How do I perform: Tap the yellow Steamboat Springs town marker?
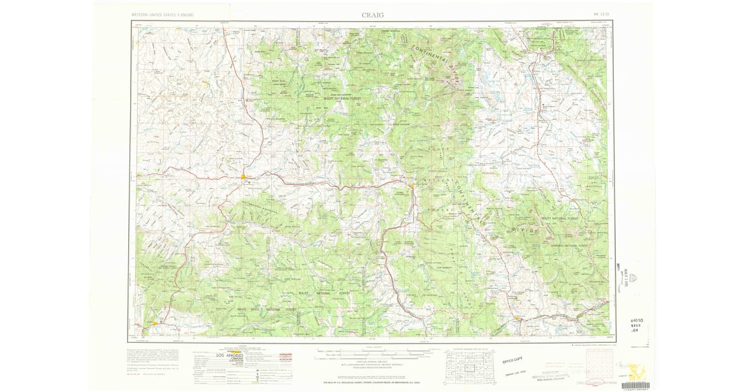pyautogui.click(x=411, y=185)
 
